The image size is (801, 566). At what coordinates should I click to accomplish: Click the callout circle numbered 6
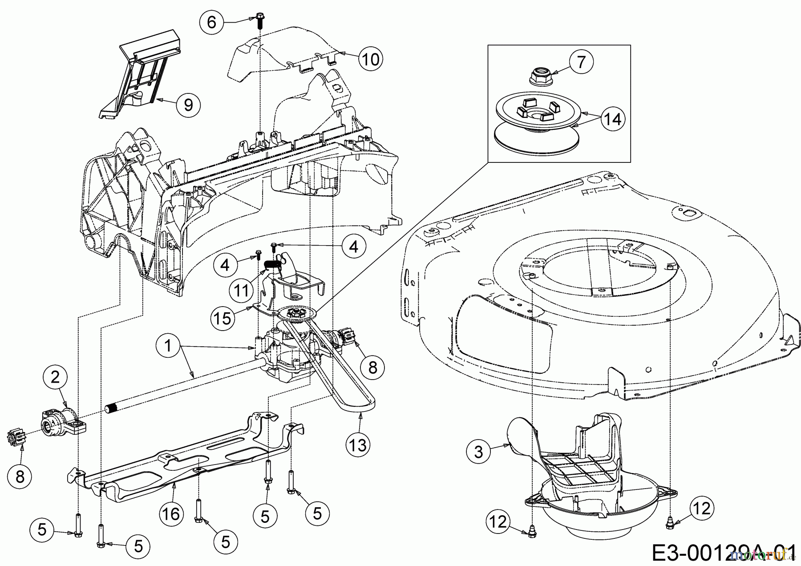(212, 21)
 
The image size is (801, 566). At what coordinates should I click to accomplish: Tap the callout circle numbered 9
(188, 105)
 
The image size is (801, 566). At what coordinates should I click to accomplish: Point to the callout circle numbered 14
(613, 119)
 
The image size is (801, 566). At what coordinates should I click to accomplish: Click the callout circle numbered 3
(478, 452)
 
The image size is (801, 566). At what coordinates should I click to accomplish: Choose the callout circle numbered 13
(358, 444)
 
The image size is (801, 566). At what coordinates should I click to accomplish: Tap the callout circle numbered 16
(171, 514)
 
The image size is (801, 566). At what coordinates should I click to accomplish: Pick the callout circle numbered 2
(56, 377)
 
